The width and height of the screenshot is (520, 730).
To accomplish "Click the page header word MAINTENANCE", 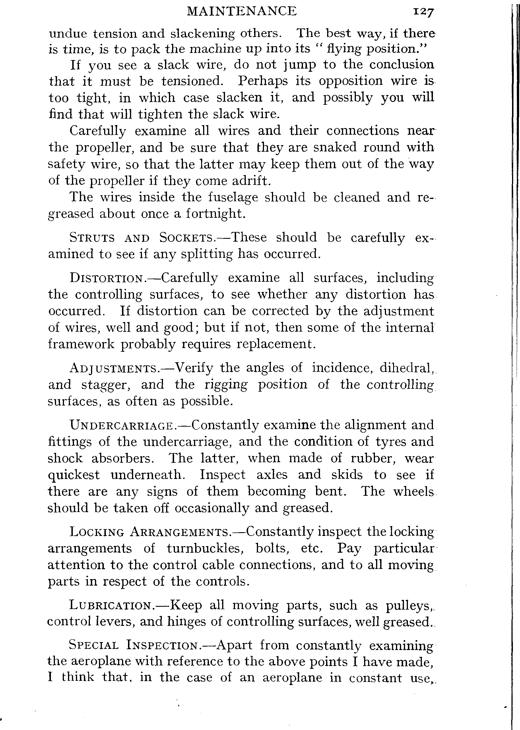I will click(x=242, y=12).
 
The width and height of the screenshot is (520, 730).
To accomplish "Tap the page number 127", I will click(x=423, y=12).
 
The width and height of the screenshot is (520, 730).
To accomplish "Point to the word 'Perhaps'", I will click(x=263, y=81).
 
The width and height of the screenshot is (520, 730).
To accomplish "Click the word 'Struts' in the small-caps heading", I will click(x=92, y=238).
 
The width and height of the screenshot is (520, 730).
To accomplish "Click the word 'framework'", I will click(x=81, y=344).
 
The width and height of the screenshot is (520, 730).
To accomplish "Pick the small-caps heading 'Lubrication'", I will click(x=110, y=606).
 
